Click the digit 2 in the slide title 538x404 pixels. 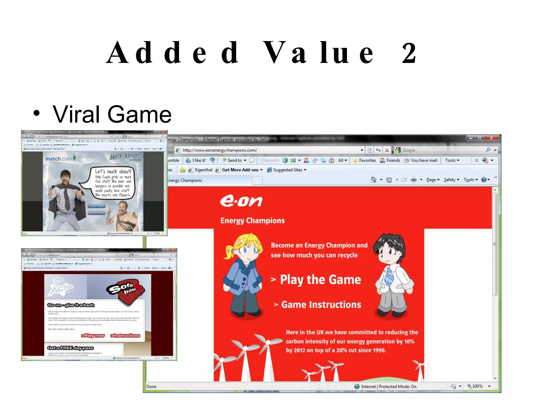click(409, 53)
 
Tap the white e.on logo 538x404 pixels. click(241, 201)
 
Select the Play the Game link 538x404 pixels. click(320, 279)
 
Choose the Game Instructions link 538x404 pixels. click(321, 305)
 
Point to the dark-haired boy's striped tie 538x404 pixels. click(389, 276)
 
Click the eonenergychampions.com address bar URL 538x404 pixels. click(220, 150)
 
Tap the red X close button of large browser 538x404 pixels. click(491, 138)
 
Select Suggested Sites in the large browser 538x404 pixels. click(287, 170)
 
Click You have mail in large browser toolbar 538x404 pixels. click(423, 160)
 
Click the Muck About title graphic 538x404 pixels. click(125, 156)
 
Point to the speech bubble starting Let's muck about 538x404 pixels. click(113, 183)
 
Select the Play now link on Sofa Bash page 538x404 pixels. click(93, 336)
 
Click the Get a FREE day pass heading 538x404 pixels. click(70, 348)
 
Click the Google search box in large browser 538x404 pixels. click(441, 150)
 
